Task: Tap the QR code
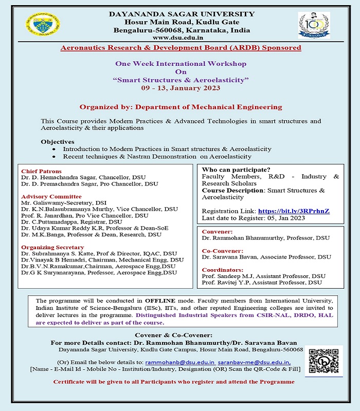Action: click(326, 361)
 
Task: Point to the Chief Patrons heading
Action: click(41, 171)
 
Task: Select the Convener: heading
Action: click(217, 232)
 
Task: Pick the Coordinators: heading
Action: click(222, 269)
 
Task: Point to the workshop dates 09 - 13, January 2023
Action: click(181, 88)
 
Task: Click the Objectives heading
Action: click(58, 141)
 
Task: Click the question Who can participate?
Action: click(236, 170)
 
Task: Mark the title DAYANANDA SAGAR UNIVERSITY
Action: click(182, 14)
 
